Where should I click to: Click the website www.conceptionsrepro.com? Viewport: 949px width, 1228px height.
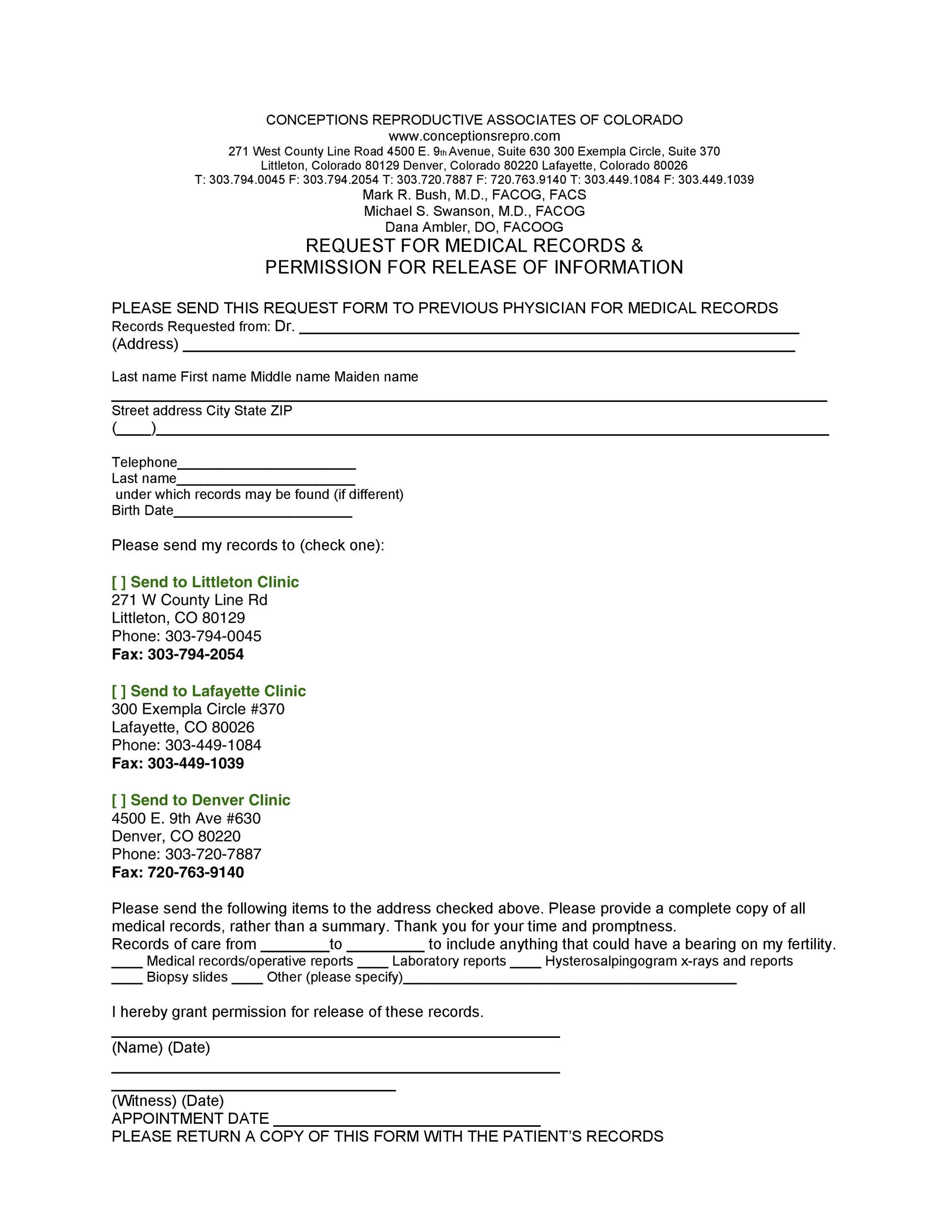coord(474,136)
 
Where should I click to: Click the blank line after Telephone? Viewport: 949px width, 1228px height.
coord(267,465)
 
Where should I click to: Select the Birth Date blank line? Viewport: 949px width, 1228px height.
coord(263,512)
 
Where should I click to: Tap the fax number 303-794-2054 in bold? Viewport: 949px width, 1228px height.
coord(195,654)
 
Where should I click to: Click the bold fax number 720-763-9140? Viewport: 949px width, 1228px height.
coord(195,873)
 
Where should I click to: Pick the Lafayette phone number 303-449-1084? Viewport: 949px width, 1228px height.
coord(213,746)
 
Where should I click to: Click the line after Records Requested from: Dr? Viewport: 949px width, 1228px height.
coord(549,330)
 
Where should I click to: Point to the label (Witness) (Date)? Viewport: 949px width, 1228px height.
coord(167,1100)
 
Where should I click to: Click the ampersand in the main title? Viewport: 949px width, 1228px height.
coord(637,246)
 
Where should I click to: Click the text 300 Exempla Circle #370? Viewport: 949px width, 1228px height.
coord(198,709)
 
